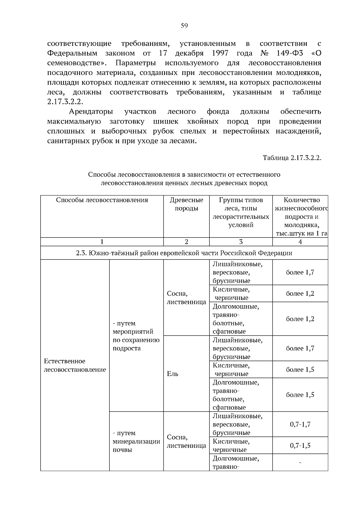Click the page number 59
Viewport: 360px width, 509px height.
(x=184, y=26)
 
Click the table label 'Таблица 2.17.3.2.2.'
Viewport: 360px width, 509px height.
(x=292, y=158)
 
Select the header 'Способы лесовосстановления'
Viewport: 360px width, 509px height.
(x=102, y=200)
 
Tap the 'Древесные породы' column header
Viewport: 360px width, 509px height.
(x=186, y=204)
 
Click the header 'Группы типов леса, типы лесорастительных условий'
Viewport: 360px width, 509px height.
(x=241, y=212)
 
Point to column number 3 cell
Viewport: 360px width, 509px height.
(x=241, y=242)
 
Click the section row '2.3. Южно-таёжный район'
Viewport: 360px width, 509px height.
(x=184, y=253)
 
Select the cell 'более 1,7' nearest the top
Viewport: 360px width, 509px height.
(x=300, y=272)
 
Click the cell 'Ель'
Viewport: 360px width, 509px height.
(x=172, y=374)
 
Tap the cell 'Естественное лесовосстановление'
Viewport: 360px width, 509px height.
(x=75, y=365)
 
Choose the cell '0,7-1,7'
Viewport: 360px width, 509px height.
(x=300, y=424)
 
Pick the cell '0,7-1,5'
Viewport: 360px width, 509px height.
(x=300, y=445)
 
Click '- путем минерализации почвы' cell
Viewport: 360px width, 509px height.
(x=136, y=441)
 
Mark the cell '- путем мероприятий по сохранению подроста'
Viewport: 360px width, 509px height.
(x=136, y=336)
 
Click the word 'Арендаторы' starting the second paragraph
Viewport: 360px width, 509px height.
(x=91, y=112)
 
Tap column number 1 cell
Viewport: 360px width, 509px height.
(x=102, y=242)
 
